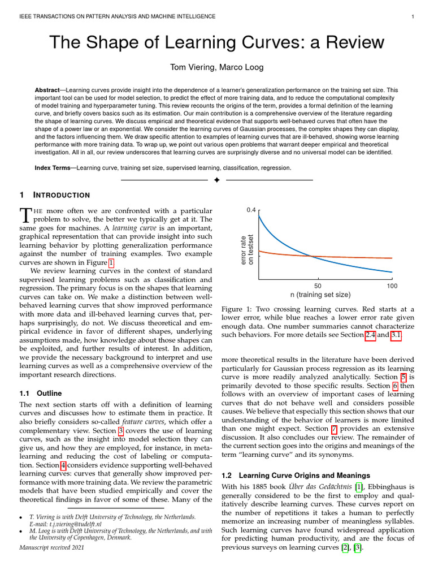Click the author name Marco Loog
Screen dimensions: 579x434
(x=243, y=68)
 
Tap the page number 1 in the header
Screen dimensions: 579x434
(x=414, y=16)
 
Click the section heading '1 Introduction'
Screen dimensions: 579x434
(x=55, y=195)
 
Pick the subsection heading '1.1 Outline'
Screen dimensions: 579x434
(x=41, y=393)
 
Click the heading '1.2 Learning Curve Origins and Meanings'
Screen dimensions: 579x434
(x=296, y=476)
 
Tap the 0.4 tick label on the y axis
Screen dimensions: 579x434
(x=251, y=210)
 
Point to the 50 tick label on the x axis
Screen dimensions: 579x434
(x=318, y=286)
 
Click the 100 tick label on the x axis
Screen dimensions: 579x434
(x=392, y=286)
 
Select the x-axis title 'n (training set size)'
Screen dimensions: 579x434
(x=320, y=295)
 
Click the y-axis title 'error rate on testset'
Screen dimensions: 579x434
(x=247, y=249)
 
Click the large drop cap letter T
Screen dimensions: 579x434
(x=25, y=215)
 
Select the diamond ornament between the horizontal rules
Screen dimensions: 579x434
(x=217, y=180)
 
